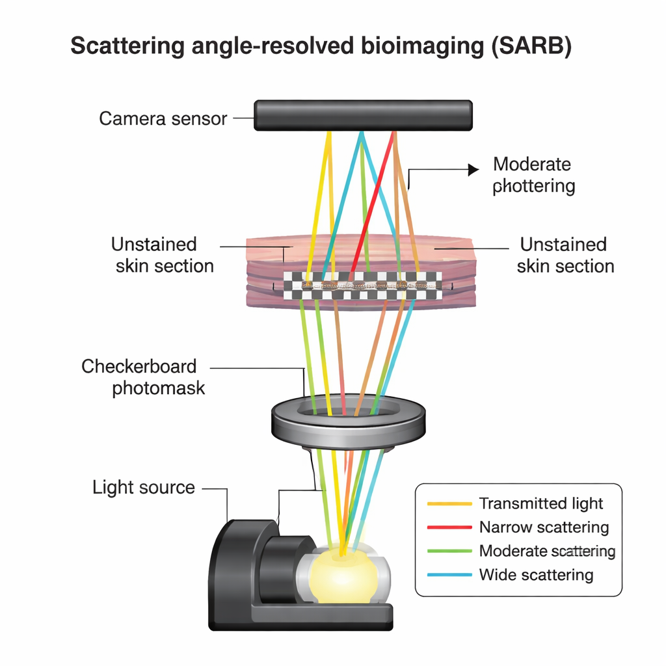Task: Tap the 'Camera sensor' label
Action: (163, 118)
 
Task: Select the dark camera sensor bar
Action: (363, 115)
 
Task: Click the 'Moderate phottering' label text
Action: (533, 175)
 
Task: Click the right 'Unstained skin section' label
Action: (565, 255)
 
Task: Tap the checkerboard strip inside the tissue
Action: (362, 286)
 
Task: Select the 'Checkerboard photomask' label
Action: (143, 377)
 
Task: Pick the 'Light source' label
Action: (144, 487)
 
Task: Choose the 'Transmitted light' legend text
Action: (540, 503)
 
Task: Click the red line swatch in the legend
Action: (449, 527)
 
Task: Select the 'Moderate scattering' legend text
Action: (547, 551)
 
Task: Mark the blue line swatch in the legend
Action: (449, 575)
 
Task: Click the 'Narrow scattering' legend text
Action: (544, 527)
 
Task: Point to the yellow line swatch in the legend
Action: (449, 503)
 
